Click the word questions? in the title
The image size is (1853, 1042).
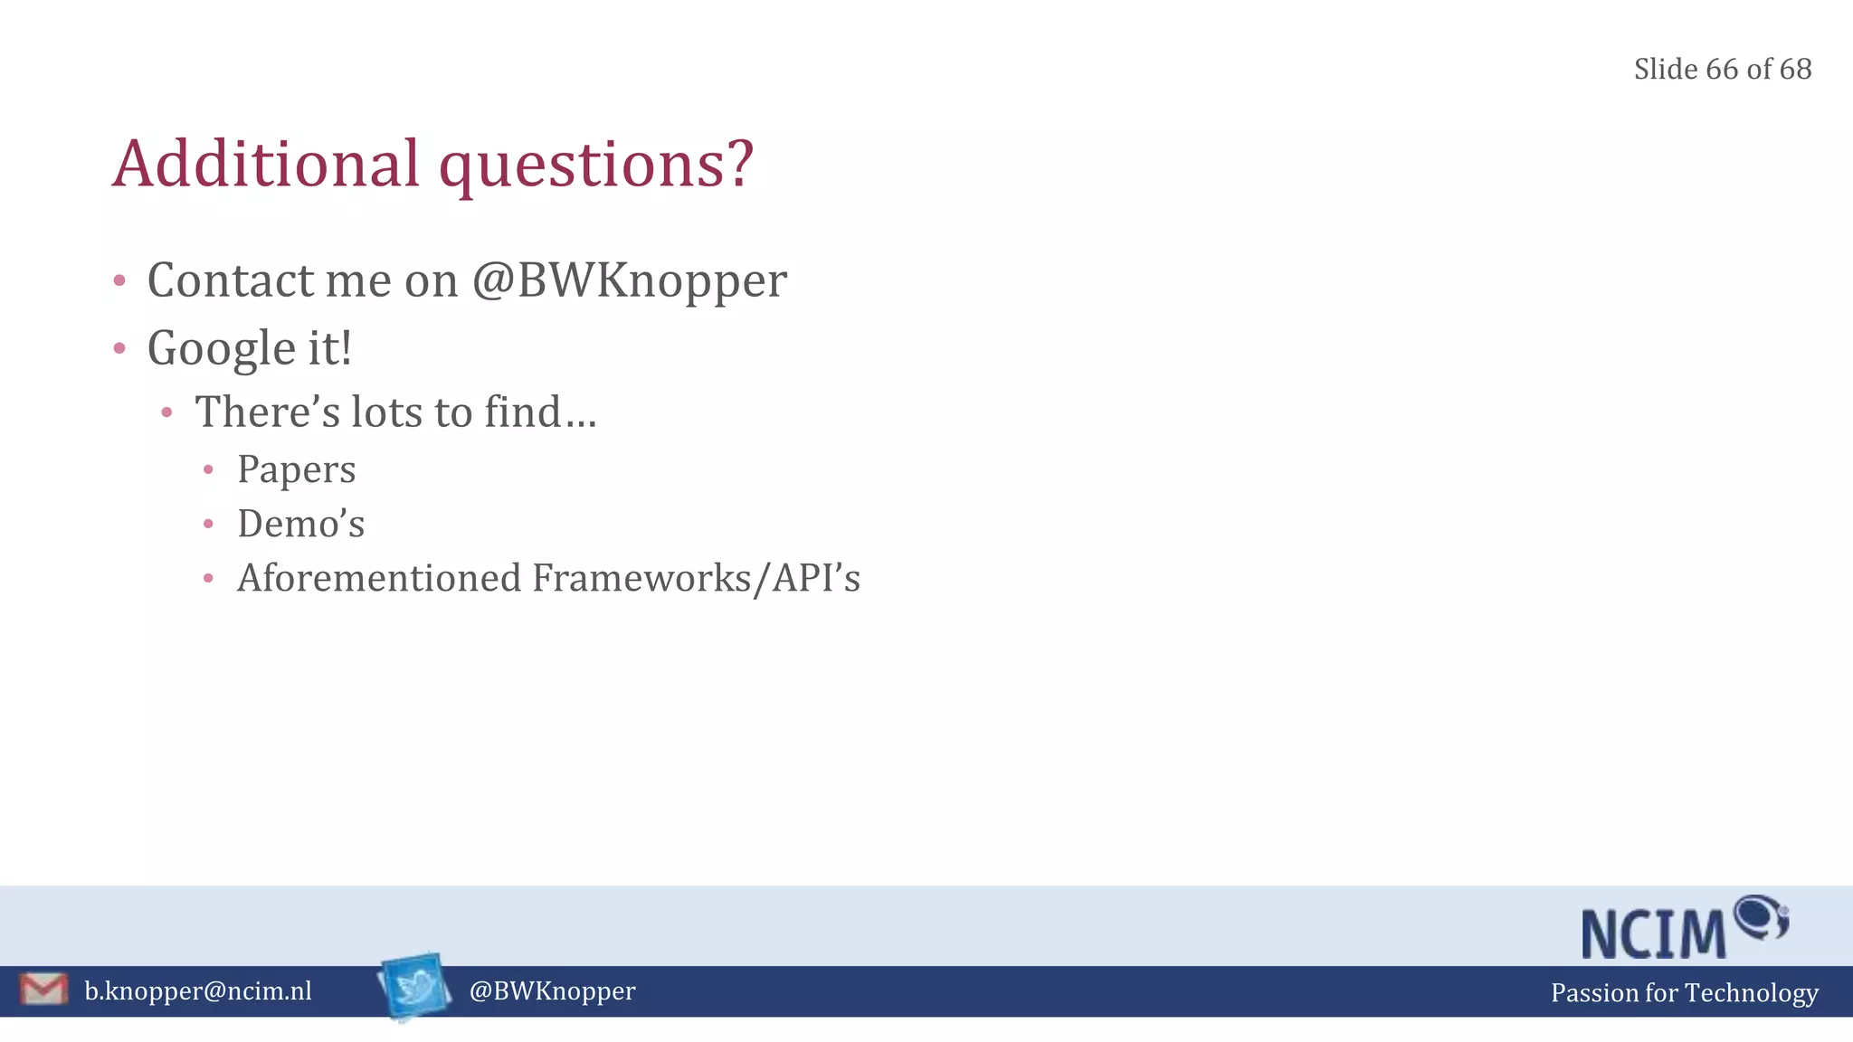click(596, 166)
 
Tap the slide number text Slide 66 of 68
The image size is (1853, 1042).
click(1722, 70)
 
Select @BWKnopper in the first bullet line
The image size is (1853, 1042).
click(630, 280)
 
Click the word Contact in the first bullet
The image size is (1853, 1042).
click(231, 280)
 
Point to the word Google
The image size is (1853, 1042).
click(222, 349)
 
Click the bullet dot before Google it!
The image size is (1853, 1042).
click(119, 348)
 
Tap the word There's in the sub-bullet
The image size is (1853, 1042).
click(268, 412)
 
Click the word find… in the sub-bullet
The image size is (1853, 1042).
click(540, 412)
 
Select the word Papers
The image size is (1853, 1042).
click(296, 469)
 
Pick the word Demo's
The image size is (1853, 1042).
click(300, 524)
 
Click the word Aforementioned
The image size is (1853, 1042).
click(379, 578)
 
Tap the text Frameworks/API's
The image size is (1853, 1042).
click(696, 578)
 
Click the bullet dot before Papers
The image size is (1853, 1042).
click(208, 469)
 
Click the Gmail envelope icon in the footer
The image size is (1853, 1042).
click(43, 990)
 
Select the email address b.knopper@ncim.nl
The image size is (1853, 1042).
click(198, 991)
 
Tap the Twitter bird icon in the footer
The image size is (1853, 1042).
click(415, 986)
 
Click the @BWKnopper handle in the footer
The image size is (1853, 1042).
click(552, 991)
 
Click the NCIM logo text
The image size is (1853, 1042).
click(1654, 933)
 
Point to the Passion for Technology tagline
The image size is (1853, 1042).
click(1684, 993)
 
